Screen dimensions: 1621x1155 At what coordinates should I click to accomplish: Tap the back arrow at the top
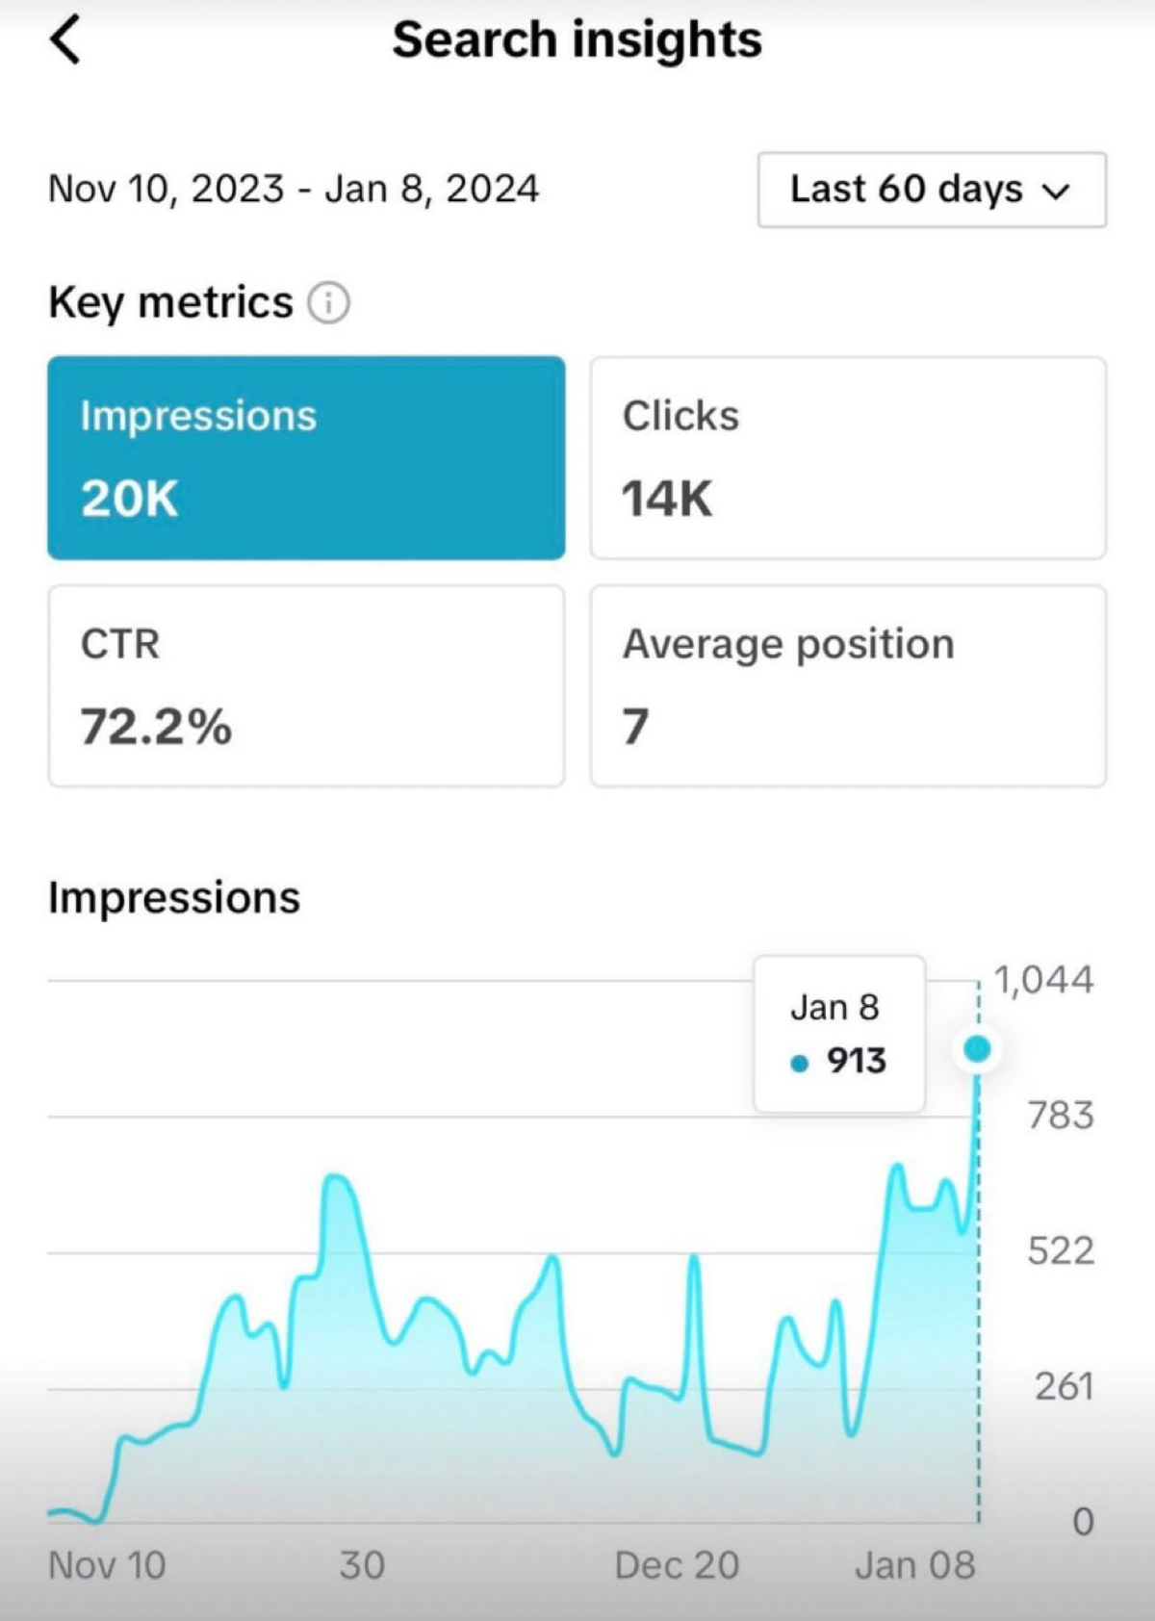tap(65, 41)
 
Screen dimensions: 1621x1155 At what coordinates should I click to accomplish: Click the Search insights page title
tap(577, 40)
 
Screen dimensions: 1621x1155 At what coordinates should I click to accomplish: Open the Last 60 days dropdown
tap(931, 190)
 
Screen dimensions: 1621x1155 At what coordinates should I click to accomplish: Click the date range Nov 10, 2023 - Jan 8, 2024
tap(294, 189)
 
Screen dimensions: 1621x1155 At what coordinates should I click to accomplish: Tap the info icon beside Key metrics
tap(328, 303)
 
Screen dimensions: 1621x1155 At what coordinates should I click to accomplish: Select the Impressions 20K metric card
tap(306, 457)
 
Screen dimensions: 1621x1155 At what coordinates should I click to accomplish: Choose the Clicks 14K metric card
tap(847, 457)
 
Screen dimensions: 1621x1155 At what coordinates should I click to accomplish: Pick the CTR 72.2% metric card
tap(306, 685)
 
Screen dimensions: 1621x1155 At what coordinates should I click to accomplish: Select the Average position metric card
tap(847, 685)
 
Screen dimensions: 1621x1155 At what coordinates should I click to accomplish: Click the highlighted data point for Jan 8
tap(977, 1048)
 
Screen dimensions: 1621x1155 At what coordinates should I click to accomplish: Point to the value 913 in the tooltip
tap(856, 1061)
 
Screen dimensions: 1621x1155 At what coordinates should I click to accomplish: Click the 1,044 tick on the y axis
tap(1043, 980)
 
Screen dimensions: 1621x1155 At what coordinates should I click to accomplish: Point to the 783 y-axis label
tap(1060, 1116)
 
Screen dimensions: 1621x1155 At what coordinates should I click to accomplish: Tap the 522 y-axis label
tap(1060, 1251)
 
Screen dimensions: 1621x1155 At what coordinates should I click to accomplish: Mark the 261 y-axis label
tap(1064, 1387)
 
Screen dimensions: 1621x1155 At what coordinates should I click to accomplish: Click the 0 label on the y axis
tap(1083, 1522)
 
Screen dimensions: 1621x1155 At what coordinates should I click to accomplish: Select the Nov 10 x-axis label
tap(107, 1566)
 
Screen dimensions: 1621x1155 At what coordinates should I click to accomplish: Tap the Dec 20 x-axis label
tap(677, 1566)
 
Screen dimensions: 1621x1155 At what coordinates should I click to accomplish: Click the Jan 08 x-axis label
tap(914, 1566)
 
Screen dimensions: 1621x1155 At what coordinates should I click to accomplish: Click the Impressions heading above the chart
tap(174, 897)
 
